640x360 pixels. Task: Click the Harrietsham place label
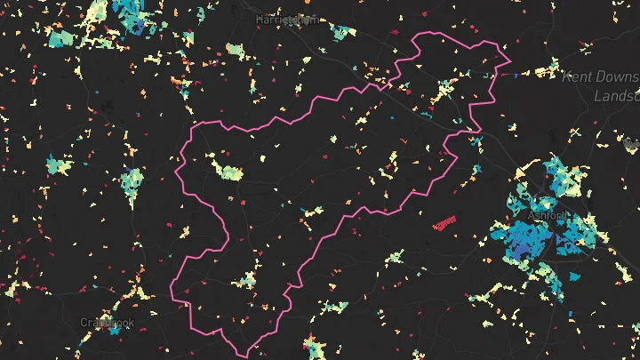pos(286,19)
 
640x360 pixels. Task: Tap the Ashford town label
pos(547,216)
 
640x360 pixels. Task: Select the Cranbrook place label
pos(106,322)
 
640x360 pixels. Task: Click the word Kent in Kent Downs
pos(580,77)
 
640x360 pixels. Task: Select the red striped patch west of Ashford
pos(443,222)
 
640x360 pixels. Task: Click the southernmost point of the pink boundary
pos(249,356)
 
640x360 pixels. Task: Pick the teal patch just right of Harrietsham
pos(342,33)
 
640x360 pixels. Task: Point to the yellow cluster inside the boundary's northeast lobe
pos(444,89)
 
